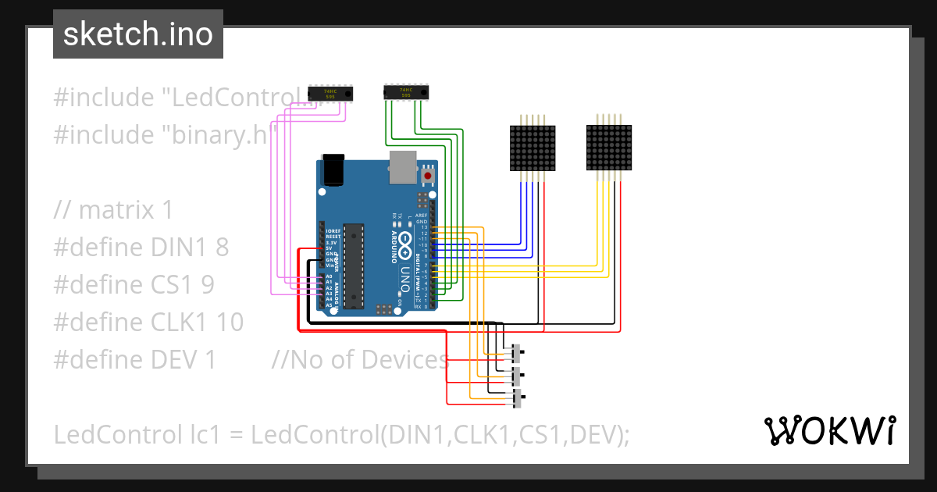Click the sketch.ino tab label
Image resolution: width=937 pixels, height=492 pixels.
[x=137, y=34]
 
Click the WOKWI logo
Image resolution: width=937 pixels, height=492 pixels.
[x=828, y=430]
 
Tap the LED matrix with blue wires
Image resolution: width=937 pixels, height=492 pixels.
[x=533, y=148]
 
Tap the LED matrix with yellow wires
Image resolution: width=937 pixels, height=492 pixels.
[x=610, y=148]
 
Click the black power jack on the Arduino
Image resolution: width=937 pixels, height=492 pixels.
[x=334, y=169]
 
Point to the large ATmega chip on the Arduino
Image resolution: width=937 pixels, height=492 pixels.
[x=354, y=266]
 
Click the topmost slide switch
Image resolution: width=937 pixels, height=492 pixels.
[x=516, y=354]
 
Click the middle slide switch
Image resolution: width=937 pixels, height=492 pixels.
[x=516, y=376]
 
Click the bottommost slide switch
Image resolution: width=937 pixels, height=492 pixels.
[x=517, y=399]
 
